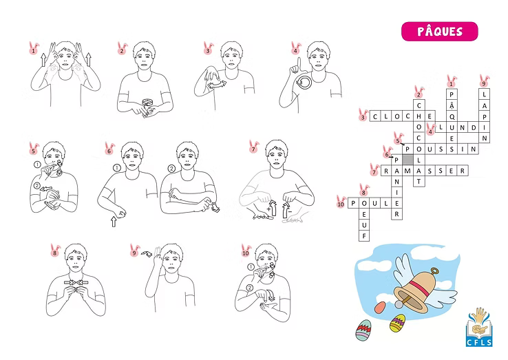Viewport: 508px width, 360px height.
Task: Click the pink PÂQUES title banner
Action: point(440,32)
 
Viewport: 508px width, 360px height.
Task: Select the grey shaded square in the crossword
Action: point(408,160)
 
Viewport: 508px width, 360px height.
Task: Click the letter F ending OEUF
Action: point(364,236)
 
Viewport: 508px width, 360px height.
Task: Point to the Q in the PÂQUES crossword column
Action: point(452,116)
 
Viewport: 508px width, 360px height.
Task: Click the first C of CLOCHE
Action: point(375,116)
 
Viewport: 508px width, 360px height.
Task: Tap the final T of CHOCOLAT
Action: point(419,182)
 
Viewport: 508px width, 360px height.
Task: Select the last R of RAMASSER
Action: point(463,171)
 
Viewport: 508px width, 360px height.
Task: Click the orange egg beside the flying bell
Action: point(381,307)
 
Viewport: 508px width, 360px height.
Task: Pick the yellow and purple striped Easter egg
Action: point(398,323)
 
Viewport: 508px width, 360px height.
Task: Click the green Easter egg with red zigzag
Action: point(363,330)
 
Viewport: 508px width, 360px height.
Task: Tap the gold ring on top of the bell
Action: point(434,271)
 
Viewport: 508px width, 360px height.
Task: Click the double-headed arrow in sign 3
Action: point(217,85)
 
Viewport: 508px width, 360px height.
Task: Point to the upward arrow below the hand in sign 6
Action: point(114,222)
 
